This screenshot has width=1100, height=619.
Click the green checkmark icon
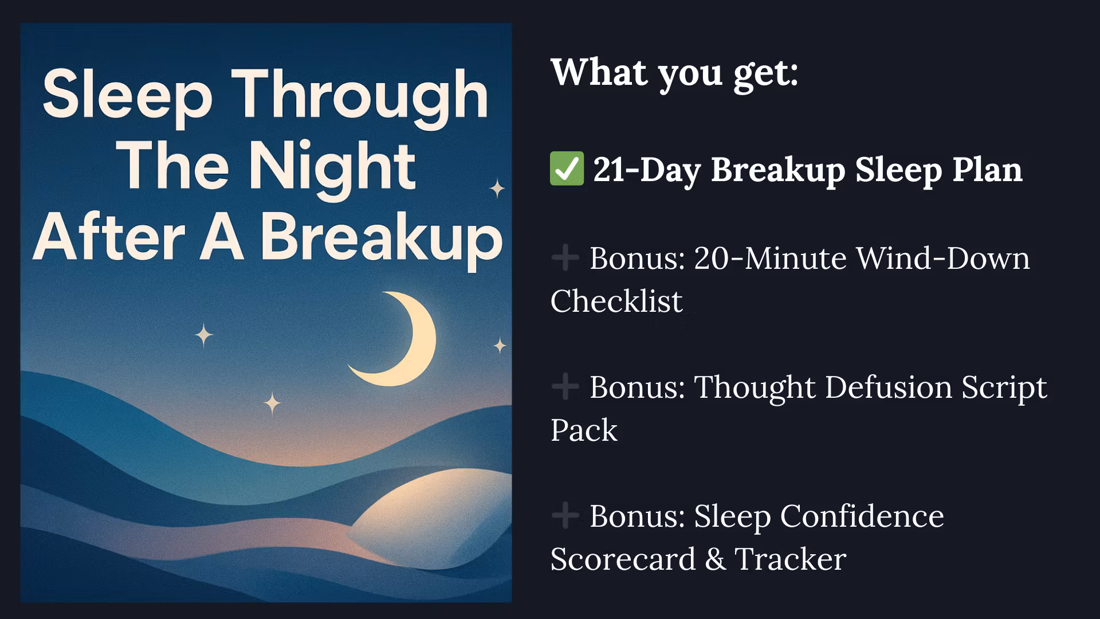click(x=567, y=169)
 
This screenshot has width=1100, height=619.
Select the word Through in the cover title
click(x=363, y=97)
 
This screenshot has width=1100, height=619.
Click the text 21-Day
click(x=647, y=170)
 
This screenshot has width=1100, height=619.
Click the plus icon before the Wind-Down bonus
click(x=565, y=258)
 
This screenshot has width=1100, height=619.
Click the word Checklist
click(x=616, y=301)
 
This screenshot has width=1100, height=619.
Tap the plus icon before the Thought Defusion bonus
click(x=565, y=387)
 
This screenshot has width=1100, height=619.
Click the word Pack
click(x=584, y=430)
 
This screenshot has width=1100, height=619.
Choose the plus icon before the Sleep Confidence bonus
click(x=565, y=515)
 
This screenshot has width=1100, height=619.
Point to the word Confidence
click(x=862, y=516)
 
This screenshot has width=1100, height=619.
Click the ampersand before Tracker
click(x=716, y=559)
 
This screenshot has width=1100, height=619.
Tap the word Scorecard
click(x=623, y=559)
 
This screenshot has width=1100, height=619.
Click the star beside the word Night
click(x=497, y=188)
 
